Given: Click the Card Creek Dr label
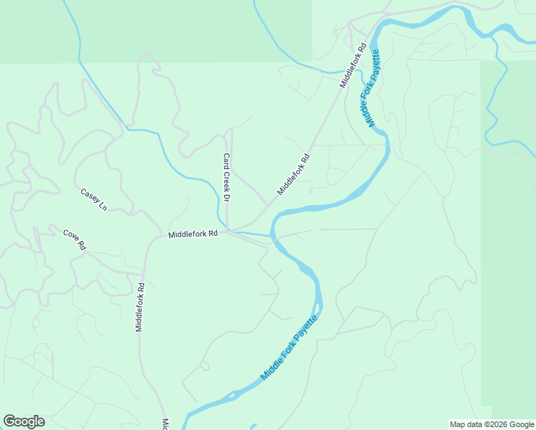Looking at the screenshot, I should (x=226, y=176).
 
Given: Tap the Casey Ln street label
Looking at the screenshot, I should (x=93, y=199).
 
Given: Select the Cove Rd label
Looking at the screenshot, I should (x=75, y=239).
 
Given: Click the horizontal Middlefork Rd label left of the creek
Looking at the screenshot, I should (x=193, y=234).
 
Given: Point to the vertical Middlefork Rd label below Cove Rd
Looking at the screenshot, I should (x=140, y=307).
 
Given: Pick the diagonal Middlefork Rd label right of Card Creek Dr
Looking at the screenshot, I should (x=293, y=174).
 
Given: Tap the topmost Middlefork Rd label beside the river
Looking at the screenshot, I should (x=353, y=65).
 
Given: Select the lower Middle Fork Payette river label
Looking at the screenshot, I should (x=289, y=348).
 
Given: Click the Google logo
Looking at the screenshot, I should (x=24, y=421).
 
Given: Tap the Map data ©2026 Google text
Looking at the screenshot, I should (x=492, y=424).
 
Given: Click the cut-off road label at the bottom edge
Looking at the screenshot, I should (x=164, y=424).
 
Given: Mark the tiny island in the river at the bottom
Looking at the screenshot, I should (x=231, y=395).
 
